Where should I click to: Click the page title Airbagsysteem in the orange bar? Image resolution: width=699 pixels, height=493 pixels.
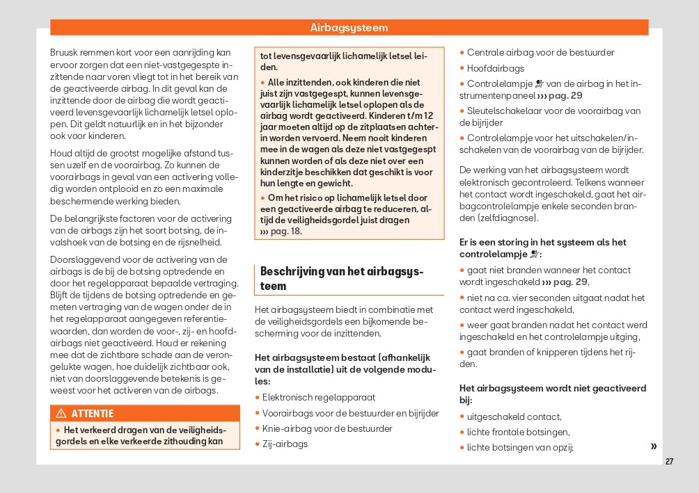(349, 28)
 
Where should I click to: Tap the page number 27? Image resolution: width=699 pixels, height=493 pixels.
(669, 462)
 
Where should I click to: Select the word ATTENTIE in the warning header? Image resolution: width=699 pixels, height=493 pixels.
(93, 414)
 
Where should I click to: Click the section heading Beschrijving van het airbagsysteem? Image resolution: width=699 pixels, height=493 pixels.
(341, 278)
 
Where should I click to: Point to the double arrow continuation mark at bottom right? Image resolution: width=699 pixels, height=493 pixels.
(653, 446)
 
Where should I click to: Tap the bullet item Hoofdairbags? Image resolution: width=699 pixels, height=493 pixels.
(495, 68)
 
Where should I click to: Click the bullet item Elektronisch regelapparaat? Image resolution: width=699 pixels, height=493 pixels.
(318, 397)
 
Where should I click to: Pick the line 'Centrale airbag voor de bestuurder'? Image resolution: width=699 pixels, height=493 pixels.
(540, 52)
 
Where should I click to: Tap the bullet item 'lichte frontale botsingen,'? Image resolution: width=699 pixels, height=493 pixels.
(514, 433)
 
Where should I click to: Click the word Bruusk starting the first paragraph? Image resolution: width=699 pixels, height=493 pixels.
(64, 52)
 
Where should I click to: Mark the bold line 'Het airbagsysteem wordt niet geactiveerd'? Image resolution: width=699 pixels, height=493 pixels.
(553, 388)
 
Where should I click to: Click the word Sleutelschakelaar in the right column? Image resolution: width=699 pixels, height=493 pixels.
(501, 111)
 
